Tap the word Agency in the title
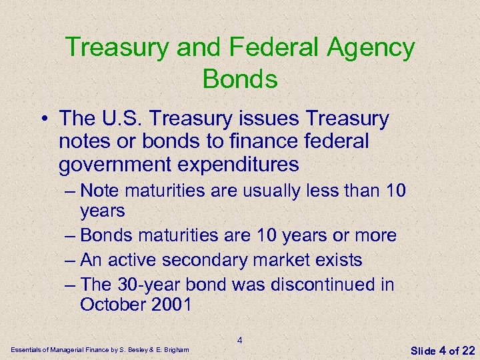point(371,49)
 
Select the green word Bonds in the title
point(239,79)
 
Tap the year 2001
point(172,305)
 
